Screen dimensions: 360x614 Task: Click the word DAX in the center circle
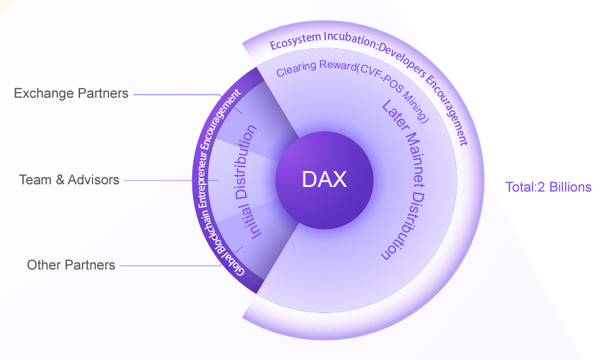[x=324, y=180]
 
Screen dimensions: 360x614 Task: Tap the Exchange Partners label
[x=71, y=94]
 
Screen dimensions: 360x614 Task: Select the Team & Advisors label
[x=69, y=180]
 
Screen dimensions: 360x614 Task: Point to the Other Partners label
[x=71, y=266]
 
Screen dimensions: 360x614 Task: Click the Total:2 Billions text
[x=548, y=187]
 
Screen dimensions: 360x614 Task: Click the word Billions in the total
[x=569, y=187]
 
